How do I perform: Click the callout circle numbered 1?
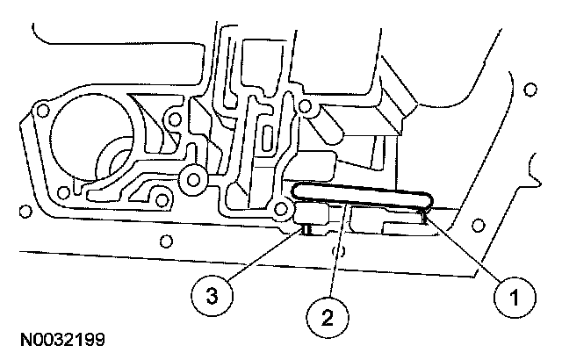[514, 297]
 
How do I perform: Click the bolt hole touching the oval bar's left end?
[282, 208]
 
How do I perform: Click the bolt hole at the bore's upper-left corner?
[40, 110]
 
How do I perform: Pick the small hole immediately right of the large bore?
[175, 119]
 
